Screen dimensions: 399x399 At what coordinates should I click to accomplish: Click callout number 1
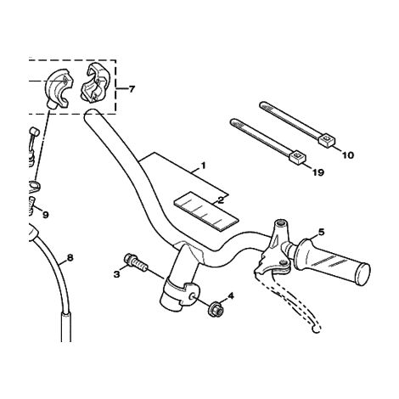pos(203,166)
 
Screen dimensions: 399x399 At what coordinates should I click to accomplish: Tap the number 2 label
pos(221,200)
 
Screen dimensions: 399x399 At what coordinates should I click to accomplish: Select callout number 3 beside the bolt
pos(116,274)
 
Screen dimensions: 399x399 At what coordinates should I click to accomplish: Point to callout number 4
pos(231,296)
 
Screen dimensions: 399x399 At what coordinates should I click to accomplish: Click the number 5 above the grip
pos(322,233)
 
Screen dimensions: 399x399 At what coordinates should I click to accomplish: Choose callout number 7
pos(132,89)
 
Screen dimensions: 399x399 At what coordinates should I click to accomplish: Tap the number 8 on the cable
pos(70,258)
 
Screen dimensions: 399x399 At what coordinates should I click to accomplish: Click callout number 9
pos(46,215)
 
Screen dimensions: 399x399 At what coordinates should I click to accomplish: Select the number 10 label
pos(348,155)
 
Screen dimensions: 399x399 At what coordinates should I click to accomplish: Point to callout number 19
pos(318,172)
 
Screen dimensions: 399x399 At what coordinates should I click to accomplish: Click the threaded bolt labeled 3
pos(136,263)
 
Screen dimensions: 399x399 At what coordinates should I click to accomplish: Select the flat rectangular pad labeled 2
pos(206,210)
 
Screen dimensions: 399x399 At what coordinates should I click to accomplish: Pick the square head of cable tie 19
pos(298,156)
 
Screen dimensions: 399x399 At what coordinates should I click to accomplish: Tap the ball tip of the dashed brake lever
pos(316,329)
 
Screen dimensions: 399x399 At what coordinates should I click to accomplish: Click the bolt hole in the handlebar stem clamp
pos(194,295)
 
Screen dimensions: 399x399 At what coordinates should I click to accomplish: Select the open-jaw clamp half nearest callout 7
pos(95,82)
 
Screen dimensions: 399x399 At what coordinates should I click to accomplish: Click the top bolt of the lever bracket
pos(281,222)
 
